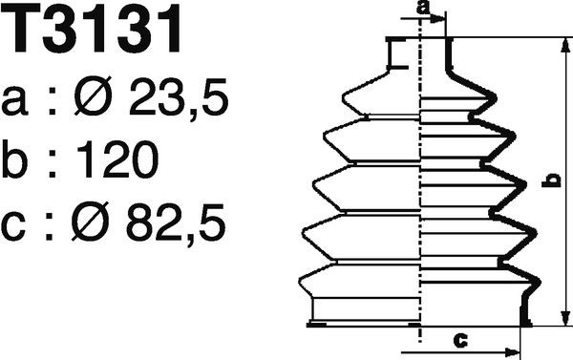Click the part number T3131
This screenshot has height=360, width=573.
[x=93, y=29]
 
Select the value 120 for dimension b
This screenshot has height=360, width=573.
[x=118, y=159]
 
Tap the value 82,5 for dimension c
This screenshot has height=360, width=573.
[x=176, y=222]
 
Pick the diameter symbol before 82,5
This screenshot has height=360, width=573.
[x=91, y=222]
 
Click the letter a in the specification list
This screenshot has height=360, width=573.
[x=14, y=101]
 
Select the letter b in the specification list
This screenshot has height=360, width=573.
[x=15, y=159]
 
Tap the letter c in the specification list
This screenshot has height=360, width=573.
[x=13, y=227]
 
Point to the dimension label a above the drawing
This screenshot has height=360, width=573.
[x=424, y=8]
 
